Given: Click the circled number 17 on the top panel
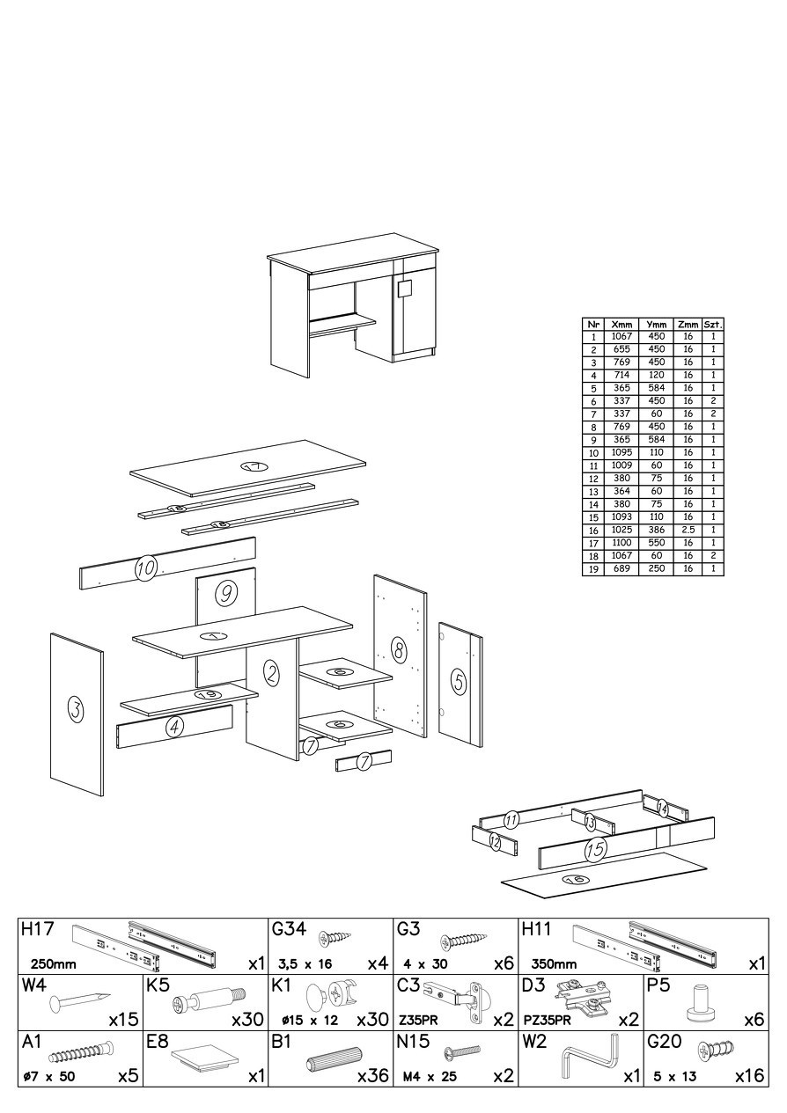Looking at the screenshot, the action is tap(254, 466).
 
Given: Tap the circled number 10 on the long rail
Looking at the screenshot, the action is tap(145, 567).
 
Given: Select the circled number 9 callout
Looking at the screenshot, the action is tap(225, 592).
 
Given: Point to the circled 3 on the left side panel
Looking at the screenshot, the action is tap(75, 709).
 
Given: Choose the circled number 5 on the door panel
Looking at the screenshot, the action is tap(459, 681).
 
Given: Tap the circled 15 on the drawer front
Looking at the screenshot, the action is tap(595, 848).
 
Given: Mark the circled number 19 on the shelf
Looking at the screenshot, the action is tap(203, 694).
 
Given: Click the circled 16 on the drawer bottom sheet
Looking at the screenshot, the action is tap(577, 880).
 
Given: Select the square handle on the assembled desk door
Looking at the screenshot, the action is tap(405, 288).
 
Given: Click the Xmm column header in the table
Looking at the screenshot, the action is tap(622, 325).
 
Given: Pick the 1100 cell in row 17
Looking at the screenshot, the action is tap(622, 543).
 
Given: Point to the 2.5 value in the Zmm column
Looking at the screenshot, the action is tap(688, 531).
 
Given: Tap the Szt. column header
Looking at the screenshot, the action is tap(713, 325).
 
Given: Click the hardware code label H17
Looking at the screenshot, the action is tap(37, 928).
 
